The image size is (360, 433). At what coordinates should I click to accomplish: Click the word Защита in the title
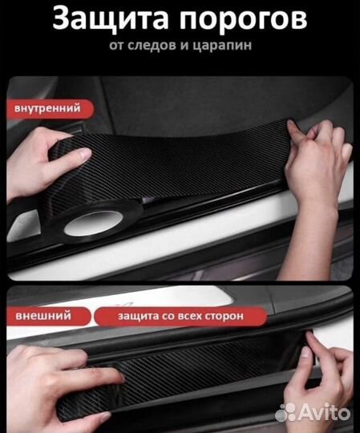tap(105, 19)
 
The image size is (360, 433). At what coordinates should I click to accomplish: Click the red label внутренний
tap(47, 107)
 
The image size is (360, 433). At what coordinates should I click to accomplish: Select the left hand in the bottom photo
tap(48, 377)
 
